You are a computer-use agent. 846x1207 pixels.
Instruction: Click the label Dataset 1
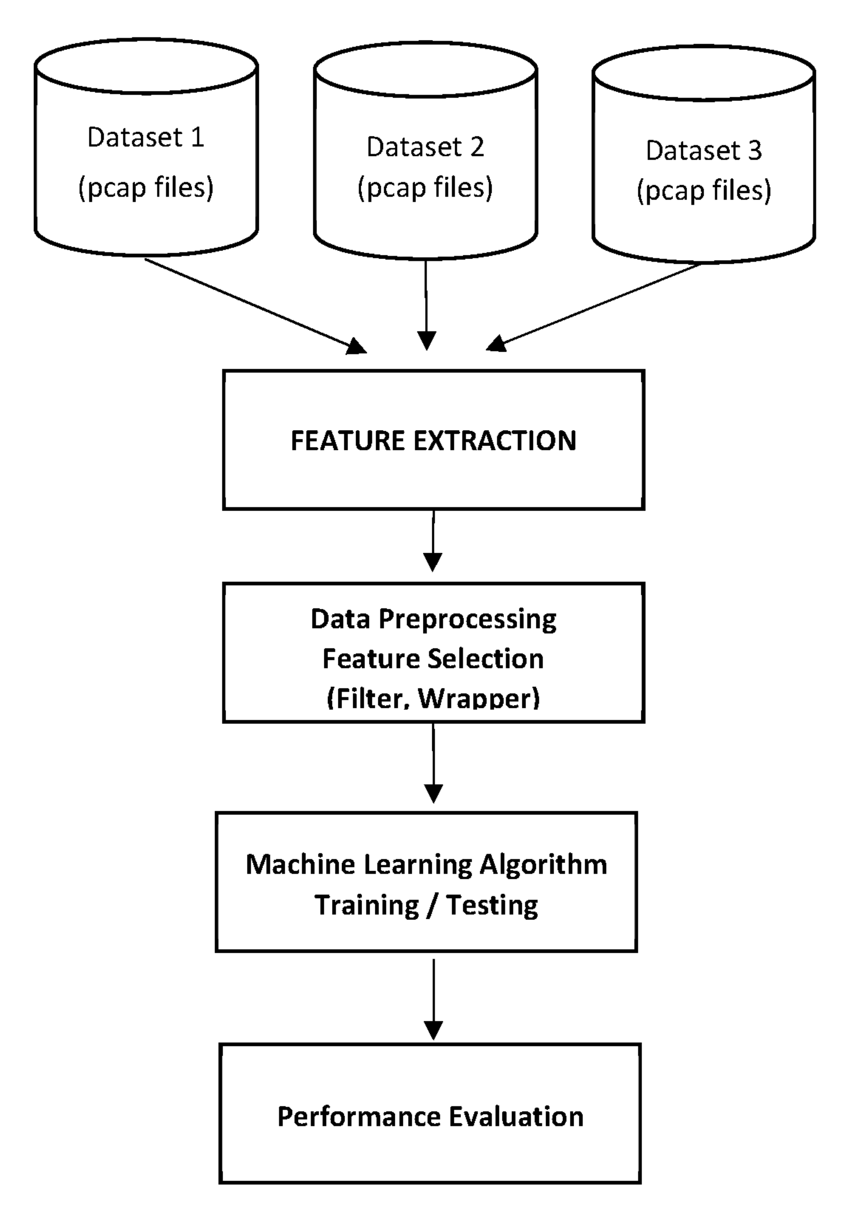pos(146,138)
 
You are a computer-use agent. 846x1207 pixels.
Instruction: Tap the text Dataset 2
pos(425,147)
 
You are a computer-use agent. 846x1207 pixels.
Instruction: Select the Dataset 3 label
pos(704,151)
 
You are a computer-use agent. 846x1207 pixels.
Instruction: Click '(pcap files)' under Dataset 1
pos(146,188)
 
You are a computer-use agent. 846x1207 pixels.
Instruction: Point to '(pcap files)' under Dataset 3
pos(704,190)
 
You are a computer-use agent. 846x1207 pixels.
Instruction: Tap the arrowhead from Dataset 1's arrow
pos(357,346)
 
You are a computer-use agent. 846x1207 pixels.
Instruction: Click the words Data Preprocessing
pos(433,619)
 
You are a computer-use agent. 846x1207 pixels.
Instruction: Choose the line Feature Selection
pos(433,659)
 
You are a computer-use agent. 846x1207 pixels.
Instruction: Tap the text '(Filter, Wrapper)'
pos(433,698)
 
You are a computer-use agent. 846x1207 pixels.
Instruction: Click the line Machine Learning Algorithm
pos(426,865)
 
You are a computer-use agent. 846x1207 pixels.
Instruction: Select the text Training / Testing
pos(426,905)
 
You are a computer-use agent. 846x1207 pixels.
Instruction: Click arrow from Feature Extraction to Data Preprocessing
pos(432,541)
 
